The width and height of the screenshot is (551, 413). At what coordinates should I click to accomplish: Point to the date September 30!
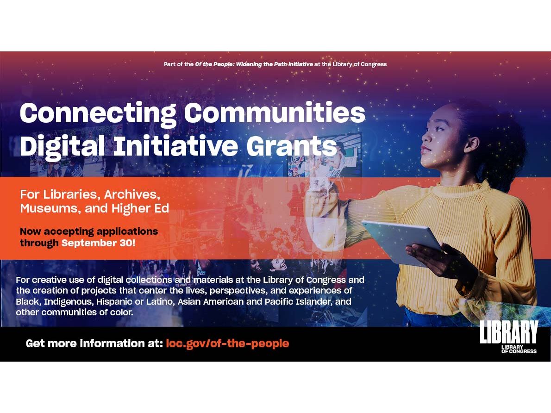click(x=98, y=243)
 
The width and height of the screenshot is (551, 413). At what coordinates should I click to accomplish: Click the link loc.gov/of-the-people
click(x=227, y=344)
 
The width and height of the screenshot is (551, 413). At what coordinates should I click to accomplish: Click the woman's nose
click(x=425, y=138)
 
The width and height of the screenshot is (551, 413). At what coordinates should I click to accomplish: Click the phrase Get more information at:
click(x=94, y=344)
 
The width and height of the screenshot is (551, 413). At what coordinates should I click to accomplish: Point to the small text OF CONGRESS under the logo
click(x=519, y=351)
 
